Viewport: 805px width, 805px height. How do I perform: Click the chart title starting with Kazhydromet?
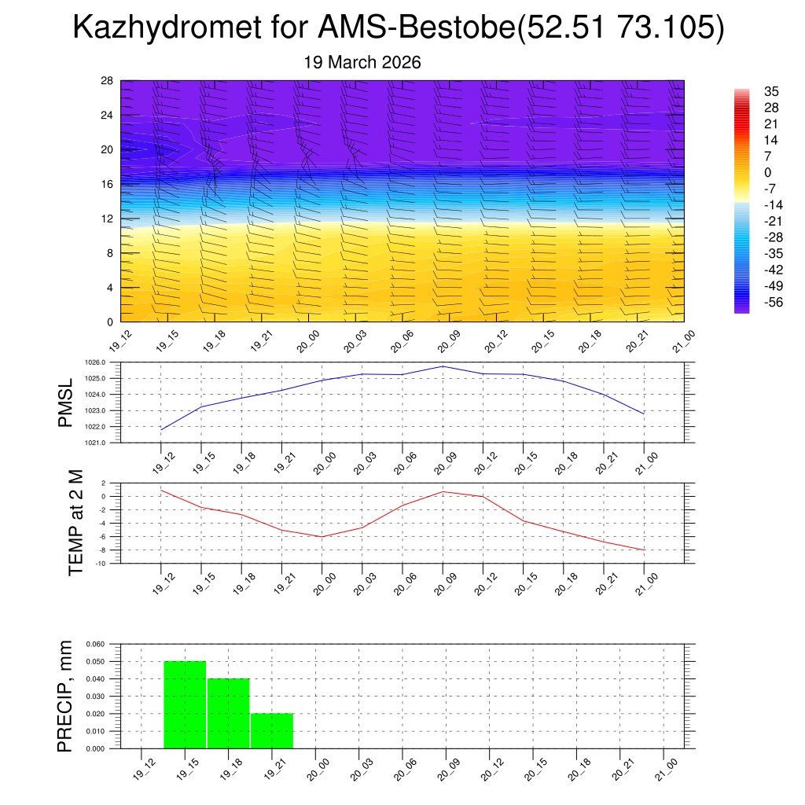398,28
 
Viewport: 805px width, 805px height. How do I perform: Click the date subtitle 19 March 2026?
362,62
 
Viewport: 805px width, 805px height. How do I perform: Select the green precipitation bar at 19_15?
185,705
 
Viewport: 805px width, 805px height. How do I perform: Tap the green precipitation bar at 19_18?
229,714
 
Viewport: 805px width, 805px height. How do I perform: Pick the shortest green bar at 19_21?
272,731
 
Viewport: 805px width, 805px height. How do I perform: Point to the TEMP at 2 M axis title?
75,523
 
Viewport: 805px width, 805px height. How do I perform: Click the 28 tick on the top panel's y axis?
107,80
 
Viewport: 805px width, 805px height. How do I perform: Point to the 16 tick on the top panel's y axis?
107,184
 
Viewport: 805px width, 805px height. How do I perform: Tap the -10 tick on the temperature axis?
102,564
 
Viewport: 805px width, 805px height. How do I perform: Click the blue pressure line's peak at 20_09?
443,366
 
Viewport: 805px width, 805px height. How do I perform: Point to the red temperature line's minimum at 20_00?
322,537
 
